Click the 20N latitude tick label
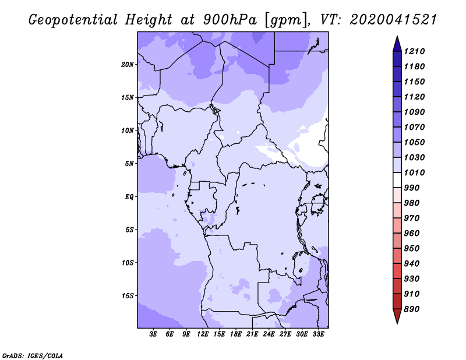[x=128, y=64]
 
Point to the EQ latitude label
[x=129, y=197]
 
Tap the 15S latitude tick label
[x=128, y=296]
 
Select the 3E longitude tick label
[x=153, y=334]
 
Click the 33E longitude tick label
[x=318, y=334]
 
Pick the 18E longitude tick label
[x=236, y=334]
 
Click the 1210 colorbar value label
[x=414, y=51]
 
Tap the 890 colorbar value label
[x=412, y=309]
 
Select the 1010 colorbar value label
[x=414, y=172]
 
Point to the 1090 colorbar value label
[x=414, y=112]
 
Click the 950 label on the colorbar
[x=412, y=249]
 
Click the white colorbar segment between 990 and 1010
[x=397, y=180]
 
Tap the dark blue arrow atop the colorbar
[x=397, y=44]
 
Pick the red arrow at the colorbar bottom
[x=397, y=316]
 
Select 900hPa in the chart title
[x=230, y=20]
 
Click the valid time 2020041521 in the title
[x=393, y=20]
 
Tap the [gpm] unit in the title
[x=287, y=20]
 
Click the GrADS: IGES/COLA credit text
[x=33, y=356]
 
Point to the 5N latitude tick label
[x=129, y=164]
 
